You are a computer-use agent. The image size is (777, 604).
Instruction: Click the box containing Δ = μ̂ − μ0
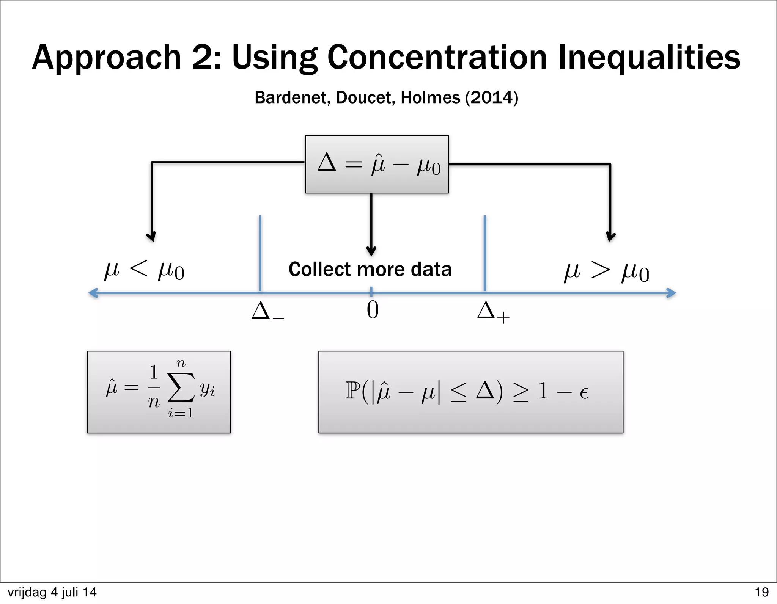(x=376, y=164)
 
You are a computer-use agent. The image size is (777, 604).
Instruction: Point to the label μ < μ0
(x=144, y=270)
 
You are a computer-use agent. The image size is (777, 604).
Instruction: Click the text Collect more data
(x=370, y=269)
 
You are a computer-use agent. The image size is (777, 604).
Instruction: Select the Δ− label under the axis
(x=267, y=311)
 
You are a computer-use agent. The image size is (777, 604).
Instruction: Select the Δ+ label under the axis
(x=492, y=312)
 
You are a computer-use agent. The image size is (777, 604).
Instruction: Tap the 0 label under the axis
(x=372, y=310)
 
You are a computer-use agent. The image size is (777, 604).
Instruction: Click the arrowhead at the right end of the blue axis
(x=672, y=293)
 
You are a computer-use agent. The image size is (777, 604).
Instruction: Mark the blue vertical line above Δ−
(x=260, y=253)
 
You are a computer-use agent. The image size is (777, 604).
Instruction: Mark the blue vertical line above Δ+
(x=484, y=253)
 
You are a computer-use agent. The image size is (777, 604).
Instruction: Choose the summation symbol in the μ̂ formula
(x=181, y=388)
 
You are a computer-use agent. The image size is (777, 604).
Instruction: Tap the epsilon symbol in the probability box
(x=584, y=393)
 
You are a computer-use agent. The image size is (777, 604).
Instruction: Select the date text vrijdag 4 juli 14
(x=52, y=592)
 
